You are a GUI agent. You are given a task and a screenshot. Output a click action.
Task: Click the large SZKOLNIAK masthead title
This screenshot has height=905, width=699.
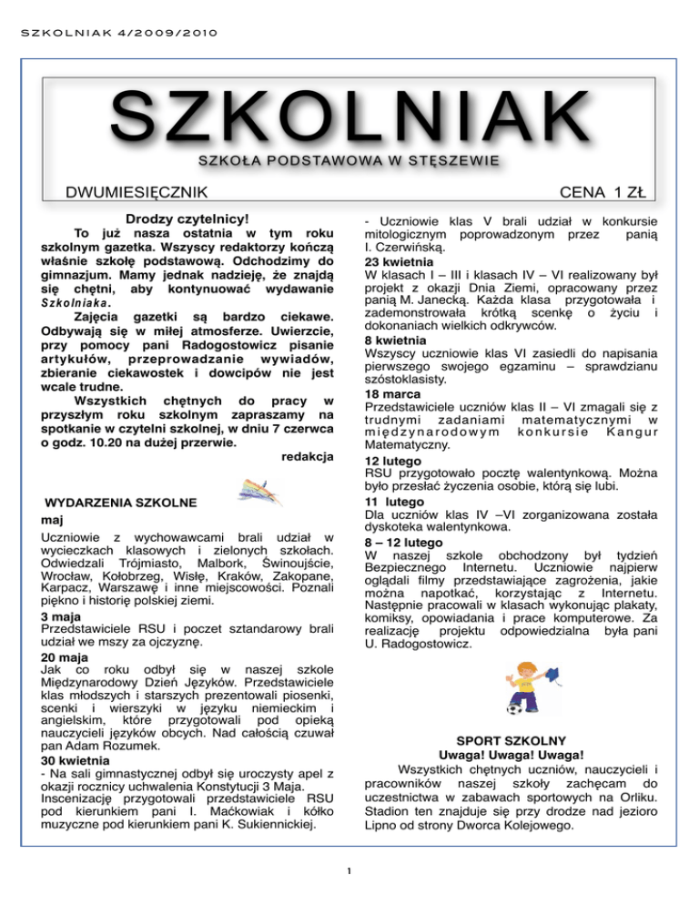[x=349, y=121]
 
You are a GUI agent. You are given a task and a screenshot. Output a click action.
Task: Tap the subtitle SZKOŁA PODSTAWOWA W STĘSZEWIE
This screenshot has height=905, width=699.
[x=349, y=162]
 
